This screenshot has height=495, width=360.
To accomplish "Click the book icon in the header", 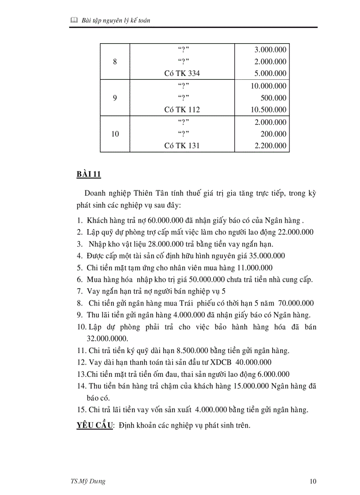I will click(x=74, y=20).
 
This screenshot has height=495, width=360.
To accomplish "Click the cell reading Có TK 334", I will click(x=182, y=74).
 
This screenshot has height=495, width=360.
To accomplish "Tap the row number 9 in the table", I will click(x=115, y=98).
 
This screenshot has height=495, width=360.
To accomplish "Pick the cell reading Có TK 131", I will click(x=182, y=146).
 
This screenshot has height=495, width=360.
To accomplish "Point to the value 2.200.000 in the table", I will click(x=270, y=146).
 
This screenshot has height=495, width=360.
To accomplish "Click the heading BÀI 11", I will click(x=89, y=175).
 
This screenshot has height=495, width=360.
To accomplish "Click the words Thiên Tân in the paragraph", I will click(x=149, y=194).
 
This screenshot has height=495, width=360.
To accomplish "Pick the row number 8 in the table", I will click(x=115, y=62).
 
